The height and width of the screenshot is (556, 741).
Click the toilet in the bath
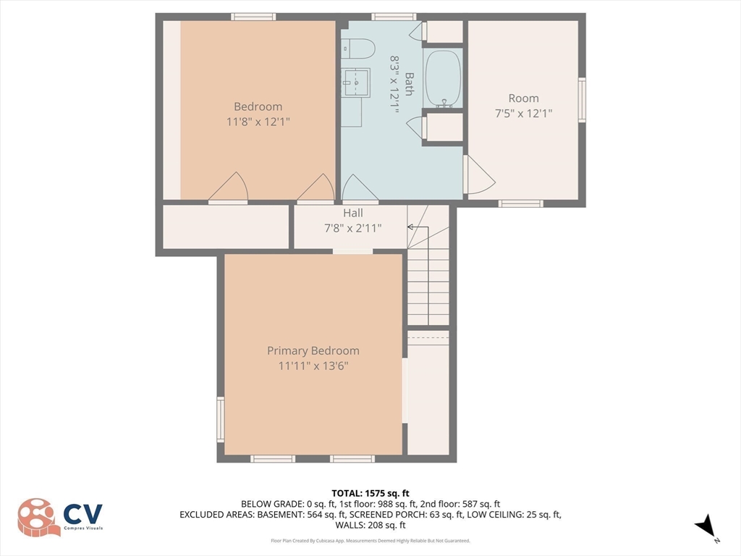tap(359, 49)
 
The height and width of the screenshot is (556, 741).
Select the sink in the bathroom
tap(355, 81)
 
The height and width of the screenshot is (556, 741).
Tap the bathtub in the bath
tap(442, 77)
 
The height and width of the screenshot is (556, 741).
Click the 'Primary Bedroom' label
tap(313, 350)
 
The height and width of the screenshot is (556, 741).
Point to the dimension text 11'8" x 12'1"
tap(258, 122)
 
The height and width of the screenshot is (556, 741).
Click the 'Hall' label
tap(353, 213)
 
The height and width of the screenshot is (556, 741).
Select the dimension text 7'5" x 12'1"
tap(523, 113)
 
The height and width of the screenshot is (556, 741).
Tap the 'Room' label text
tap(523, 98)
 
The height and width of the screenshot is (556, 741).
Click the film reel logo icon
tap(38, 517)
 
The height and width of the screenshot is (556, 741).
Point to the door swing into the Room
tap(477, 175)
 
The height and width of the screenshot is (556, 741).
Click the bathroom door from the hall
tap(360, 190)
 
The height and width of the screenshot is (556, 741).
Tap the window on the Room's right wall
tap(582, 100)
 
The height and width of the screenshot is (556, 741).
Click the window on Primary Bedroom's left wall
tap(221, 419)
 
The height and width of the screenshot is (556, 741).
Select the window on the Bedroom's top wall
tap(253, 17)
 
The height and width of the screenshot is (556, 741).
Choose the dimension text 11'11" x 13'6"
tap(313, 366)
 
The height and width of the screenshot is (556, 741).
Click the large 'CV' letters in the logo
tap(82, 514)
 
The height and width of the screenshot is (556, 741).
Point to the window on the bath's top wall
tap(394, 17)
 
